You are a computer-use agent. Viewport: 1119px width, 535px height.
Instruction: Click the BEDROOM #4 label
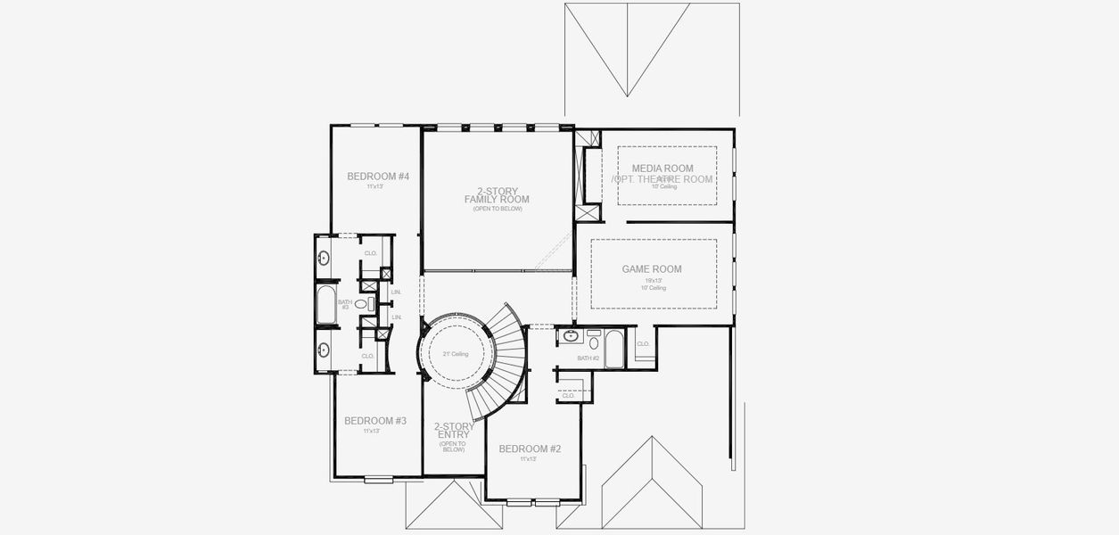pos(377,177)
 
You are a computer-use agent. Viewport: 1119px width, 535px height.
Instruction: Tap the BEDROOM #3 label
pos(375,421)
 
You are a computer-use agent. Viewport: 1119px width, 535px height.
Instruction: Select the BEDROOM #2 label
pos(530,449)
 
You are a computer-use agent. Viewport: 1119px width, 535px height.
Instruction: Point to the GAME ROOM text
pos(651,269)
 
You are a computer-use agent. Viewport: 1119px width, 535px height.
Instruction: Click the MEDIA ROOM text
pos(662,168)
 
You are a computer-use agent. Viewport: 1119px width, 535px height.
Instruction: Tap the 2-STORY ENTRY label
pos(453,431)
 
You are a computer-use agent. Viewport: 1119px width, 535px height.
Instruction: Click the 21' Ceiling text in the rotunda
pos(455,354)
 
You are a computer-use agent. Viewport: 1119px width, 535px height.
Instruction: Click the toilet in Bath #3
pos(362,304)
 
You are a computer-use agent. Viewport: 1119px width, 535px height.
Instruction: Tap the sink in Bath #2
pos(570,338)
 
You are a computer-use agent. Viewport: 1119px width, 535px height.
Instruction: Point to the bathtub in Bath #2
pos(615,349)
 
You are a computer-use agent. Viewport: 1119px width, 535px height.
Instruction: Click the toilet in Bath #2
pos(594,341)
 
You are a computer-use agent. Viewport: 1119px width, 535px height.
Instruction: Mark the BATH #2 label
pos(588,358)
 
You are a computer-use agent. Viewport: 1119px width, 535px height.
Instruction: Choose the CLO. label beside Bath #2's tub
pos(643,343)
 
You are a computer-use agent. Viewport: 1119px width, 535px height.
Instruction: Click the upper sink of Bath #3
pos(324,259)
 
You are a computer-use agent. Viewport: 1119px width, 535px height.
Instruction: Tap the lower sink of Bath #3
pos(324,349)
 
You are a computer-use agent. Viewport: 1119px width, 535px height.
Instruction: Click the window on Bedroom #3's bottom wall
pos(378,480)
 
